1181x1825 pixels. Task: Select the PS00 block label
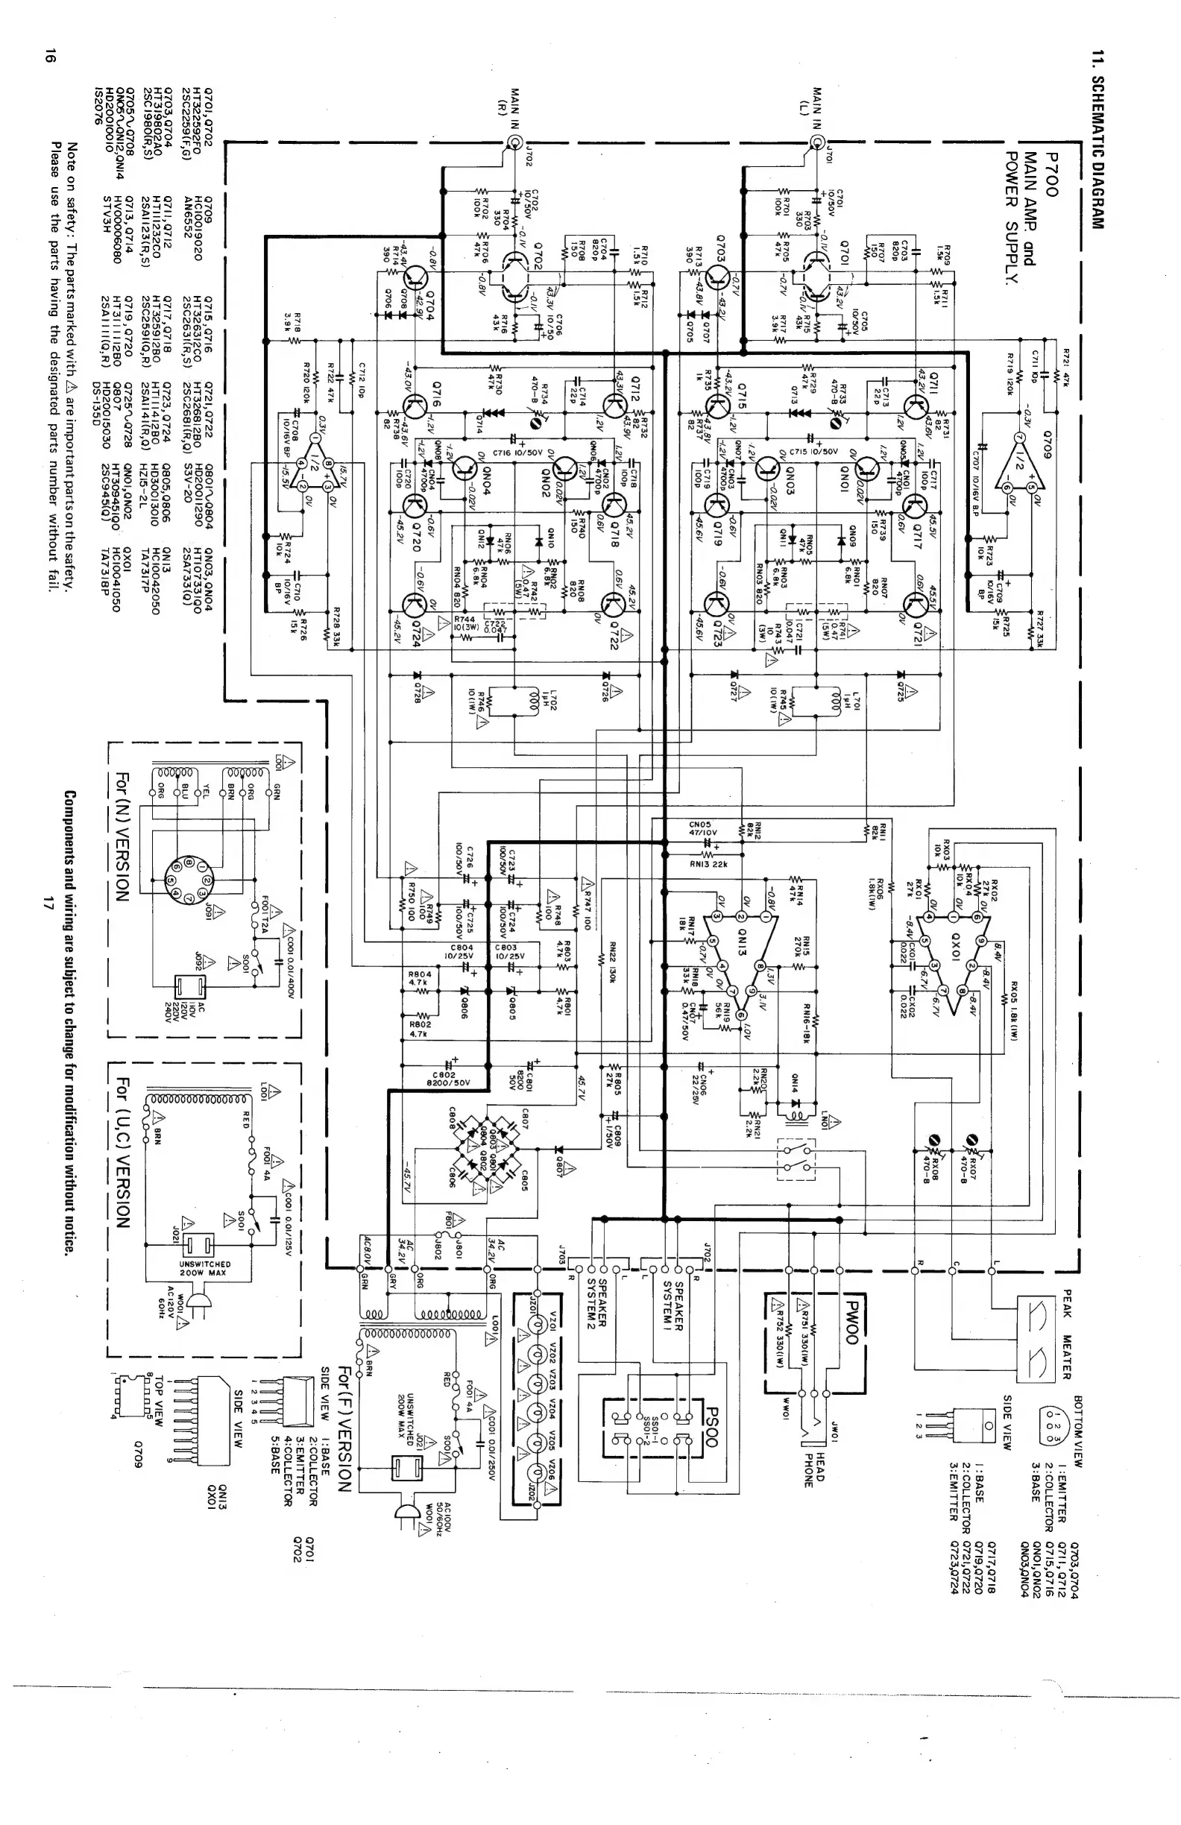[710, 1426]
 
